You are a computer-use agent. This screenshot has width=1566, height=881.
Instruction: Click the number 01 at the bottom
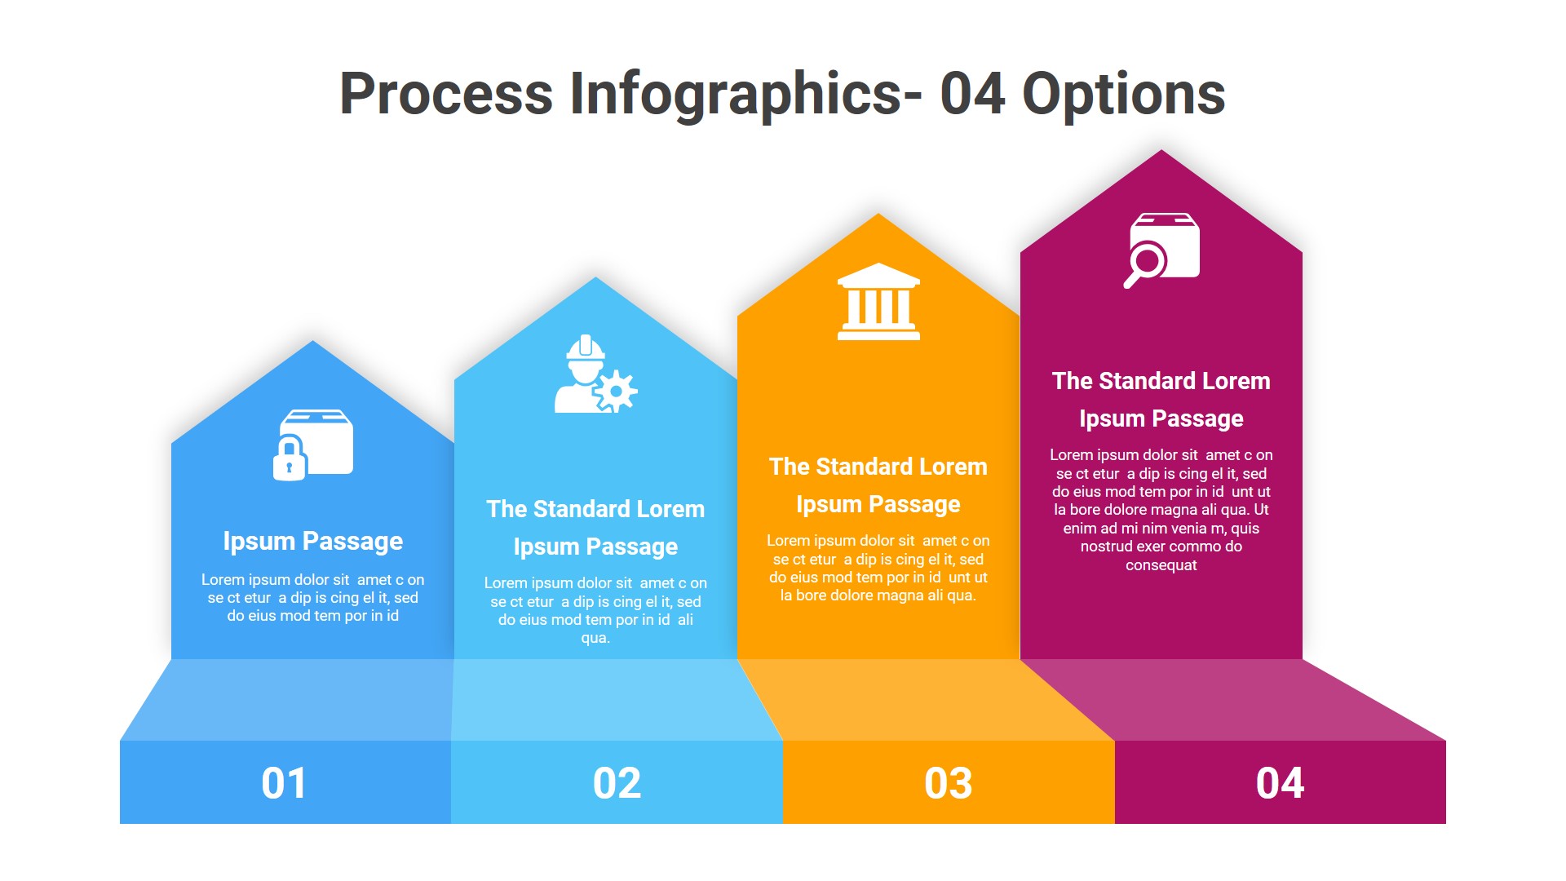(284, 783)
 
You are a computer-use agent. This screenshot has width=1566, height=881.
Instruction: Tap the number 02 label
(617, 783)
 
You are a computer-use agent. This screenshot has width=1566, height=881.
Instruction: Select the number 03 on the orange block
(948, 783)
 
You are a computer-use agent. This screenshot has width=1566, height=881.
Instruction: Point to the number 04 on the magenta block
(1280, 783)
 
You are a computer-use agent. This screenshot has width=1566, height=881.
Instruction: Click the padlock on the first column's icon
(289, 459)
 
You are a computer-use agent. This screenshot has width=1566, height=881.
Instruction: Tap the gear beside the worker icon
(617, 392)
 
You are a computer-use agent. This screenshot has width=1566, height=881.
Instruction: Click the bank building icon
(878, 301)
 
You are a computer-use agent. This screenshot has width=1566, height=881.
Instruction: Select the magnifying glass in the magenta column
(1146, 263)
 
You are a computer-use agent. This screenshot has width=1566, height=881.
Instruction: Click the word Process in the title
(446, 94)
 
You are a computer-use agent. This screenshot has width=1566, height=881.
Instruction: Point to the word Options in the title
(1123, 94)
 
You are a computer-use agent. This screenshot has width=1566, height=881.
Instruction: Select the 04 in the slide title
(972, 94)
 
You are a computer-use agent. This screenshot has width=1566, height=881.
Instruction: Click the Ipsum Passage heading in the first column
(313, 541)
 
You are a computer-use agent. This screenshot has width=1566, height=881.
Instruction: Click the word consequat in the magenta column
(1161, 565)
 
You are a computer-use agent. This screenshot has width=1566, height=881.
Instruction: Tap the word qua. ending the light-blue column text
(595, 638)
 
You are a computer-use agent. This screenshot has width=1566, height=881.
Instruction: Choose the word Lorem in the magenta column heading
(1236, 381)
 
